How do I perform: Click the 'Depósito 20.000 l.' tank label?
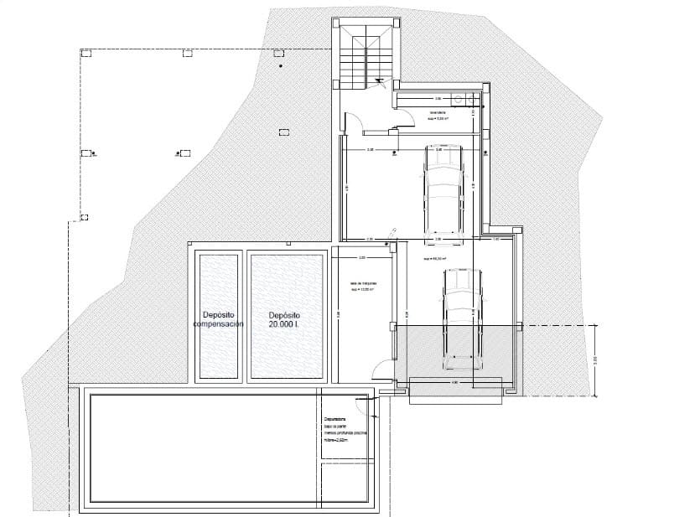[284, 319]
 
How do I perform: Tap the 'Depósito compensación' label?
[218, 318]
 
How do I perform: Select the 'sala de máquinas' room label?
[362, 287]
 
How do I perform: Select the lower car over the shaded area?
[462, 318]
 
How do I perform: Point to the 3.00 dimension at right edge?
[595, 359]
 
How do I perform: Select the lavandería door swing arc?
[407, 123]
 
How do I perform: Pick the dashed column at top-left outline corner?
[85, 53]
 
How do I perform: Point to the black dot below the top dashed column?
[280, 65]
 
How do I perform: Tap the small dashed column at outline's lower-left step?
[84, 218]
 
